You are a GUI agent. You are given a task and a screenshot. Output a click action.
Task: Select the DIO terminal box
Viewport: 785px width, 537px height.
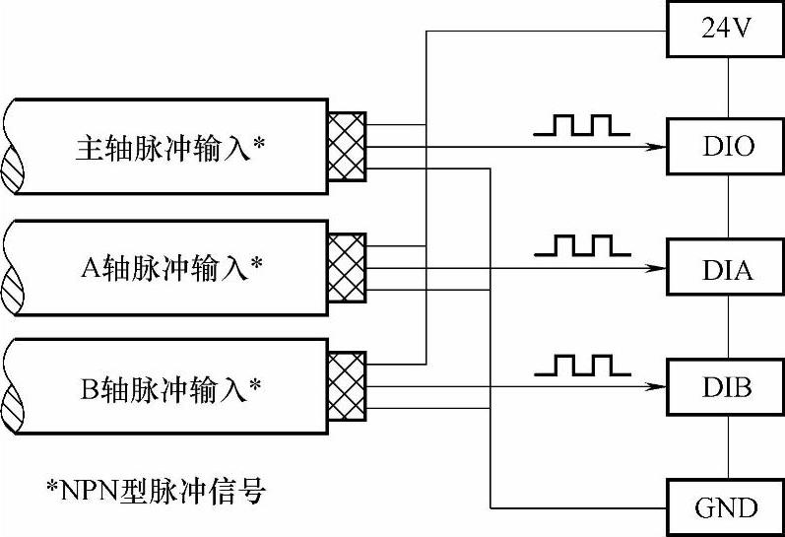727,147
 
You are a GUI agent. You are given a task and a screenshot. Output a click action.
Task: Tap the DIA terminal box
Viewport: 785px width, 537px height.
727,268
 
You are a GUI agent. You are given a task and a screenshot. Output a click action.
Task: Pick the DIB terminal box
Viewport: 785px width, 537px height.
727,387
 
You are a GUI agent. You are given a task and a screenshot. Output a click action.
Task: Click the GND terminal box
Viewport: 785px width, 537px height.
727,507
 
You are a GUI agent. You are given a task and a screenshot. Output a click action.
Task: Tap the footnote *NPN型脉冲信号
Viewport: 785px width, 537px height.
157,491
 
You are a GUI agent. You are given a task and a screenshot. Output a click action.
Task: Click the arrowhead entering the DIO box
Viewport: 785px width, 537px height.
654,148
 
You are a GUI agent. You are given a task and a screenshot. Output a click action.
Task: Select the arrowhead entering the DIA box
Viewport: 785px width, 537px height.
654,268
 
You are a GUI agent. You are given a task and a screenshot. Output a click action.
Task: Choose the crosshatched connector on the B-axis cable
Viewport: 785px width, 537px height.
346,387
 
